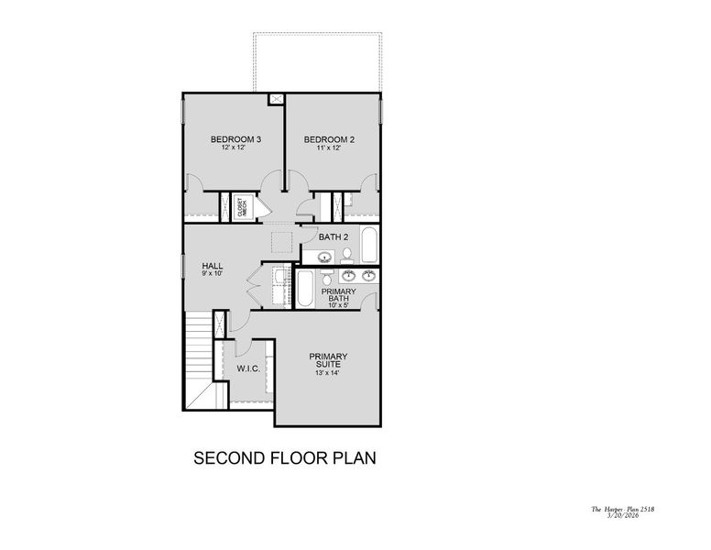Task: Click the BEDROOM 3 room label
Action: click(x=235, y=139)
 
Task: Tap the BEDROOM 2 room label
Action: click(x=329, y=139)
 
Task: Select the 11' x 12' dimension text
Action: click(x=329, y=148)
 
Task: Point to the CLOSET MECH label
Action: click(x=241, y=206)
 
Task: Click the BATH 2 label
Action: click(x=334, y=236)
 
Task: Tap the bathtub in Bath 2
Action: click(x=367, y=245)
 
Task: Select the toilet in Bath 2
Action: click(x=346, y=255)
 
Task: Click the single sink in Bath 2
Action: click(x=324, y=257)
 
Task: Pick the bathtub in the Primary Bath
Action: click(x=306, y=287)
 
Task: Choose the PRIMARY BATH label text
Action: click(x=338, y=294)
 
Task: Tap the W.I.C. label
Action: click(x=248, y=368)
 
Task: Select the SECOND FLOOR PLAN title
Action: click(x=285, y=457)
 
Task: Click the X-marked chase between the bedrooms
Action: click(x=276, y=99)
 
